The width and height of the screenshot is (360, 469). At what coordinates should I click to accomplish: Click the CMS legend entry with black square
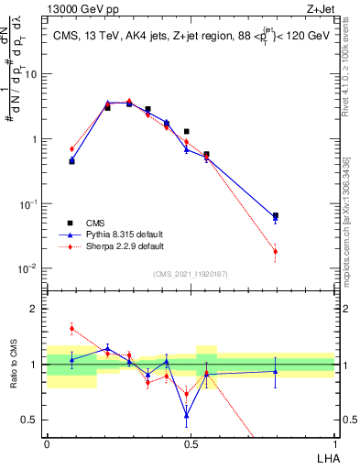[93, 223]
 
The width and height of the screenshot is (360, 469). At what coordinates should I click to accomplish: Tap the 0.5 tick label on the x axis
[191, 443]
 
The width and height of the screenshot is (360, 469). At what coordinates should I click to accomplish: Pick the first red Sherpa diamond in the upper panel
[71, 148]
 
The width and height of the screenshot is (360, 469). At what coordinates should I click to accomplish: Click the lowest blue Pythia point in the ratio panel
[187, 415]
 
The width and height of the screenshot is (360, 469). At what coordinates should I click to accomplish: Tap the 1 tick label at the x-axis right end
[335, 443]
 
